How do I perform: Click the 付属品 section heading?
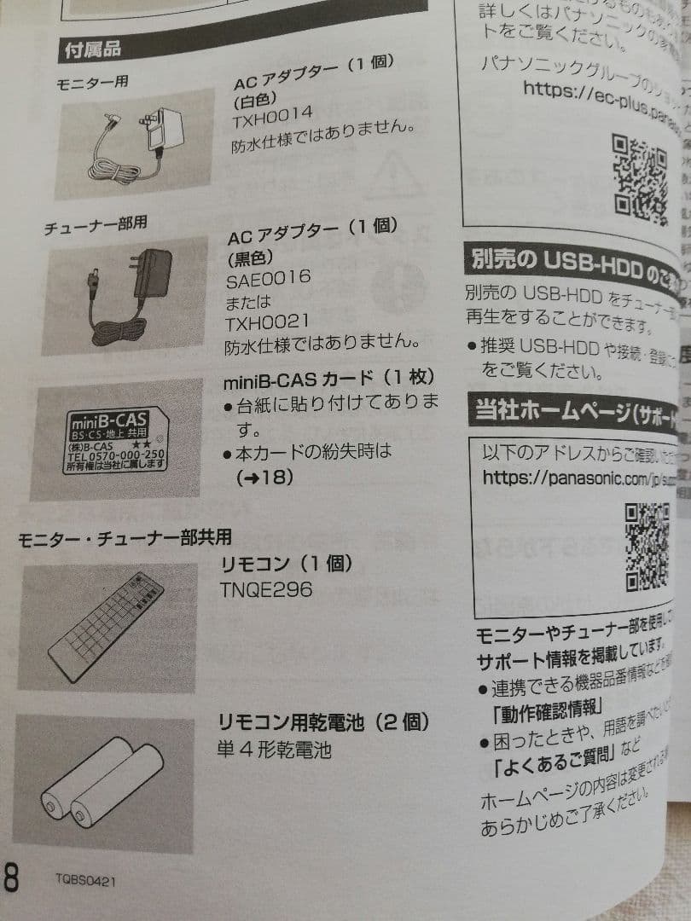click(x=93, y=50)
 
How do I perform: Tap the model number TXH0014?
click(x=272, y=113)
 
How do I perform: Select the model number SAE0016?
click(x=268, y=278)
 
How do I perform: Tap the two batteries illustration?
click(x=101, y=784)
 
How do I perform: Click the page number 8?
click(x=11, y=878)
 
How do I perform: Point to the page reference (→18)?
click(x=264, y=478)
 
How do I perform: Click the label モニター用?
click(x=91, y=84)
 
